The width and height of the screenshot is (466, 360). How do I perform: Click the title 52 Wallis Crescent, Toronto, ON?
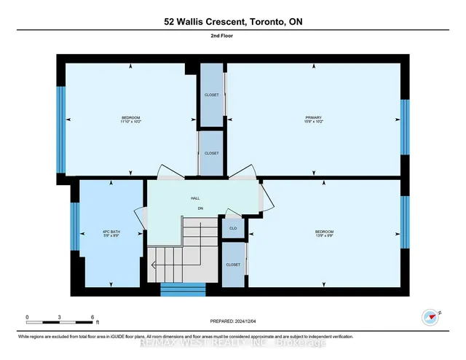click(232, 22)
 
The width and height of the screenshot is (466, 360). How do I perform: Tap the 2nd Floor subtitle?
click(232, 44)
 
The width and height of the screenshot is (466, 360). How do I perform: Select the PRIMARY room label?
click(314, 117)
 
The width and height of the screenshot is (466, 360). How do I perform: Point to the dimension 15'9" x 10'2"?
click(314, 122)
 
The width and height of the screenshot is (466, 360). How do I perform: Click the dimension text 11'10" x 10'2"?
click(131, 122)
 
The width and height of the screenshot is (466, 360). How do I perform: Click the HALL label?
click(195, 197)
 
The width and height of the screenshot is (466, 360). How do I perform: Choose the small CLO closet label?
click(233, 228)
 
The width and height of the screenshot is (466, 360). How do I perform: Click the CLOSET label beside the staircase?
click(233, 265)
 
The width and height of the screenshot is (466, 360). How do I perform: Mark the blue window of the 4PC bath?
click(74, 226)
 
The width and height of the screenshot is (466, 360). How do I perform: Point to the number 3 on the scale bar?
click(60, 318)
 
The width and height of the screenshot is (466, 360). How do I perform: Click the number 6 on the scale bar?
click(92, 318)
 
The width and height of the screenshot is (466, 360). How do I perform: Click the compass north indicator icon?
click(430, 317)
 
